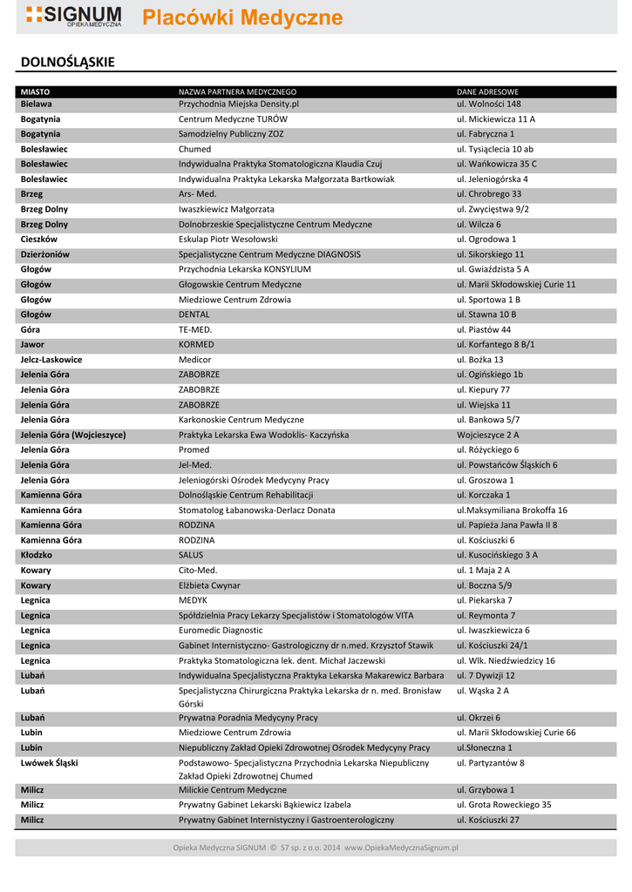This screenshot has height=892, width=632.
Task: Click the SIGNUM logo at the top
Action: (x=73, y=16)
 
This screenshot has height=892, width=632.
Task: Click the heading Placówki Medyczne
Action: (x=242, y=18)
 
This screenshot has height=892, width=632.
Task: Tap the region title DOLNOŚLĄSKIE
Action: (x=68, y=63)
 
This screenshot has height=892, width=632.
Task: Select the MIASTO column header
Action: (x=35, y=91)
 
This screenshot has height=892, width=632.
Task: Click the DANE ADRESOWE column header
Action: (x=487, y=91)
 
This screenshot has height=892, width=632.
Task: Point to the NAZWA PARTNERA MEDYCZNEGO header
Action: (x=237, y=91)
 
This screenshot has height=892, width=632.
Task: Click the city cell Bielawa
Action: (x=37, y=104)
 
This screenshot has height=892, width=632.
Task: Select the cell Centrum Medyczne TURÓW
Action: (x=233, y=118)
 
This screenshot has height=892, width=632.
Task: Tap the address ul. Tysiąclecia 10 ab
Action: (x=495, y=149)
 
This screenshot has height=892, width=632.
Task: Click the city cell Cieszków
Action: (x=39, y=239)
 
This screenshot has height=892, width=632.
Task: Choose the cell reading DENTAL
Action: (x=194, y=314)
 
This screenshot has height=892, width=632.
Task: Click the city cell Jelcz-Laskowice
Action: (x=51, y=360)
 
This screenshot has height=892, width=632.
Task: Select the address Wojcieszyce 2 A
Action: (x=488, y=435)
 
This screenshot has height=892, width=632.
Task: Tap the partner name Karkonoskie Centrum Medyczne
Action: (x=241, y=420)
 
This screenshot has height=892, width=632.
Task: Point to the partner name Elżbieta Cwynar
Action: (x=209, y=585)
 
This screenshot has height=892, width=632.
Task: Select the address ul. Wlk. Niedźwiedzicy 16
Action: (x=506, y=660)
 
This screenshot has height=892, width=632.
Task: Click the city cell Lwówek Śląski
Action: (x=49, y=763)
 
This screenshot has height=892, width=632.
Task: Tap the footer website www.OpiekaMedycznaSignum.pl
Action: (x=401, y=847)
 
